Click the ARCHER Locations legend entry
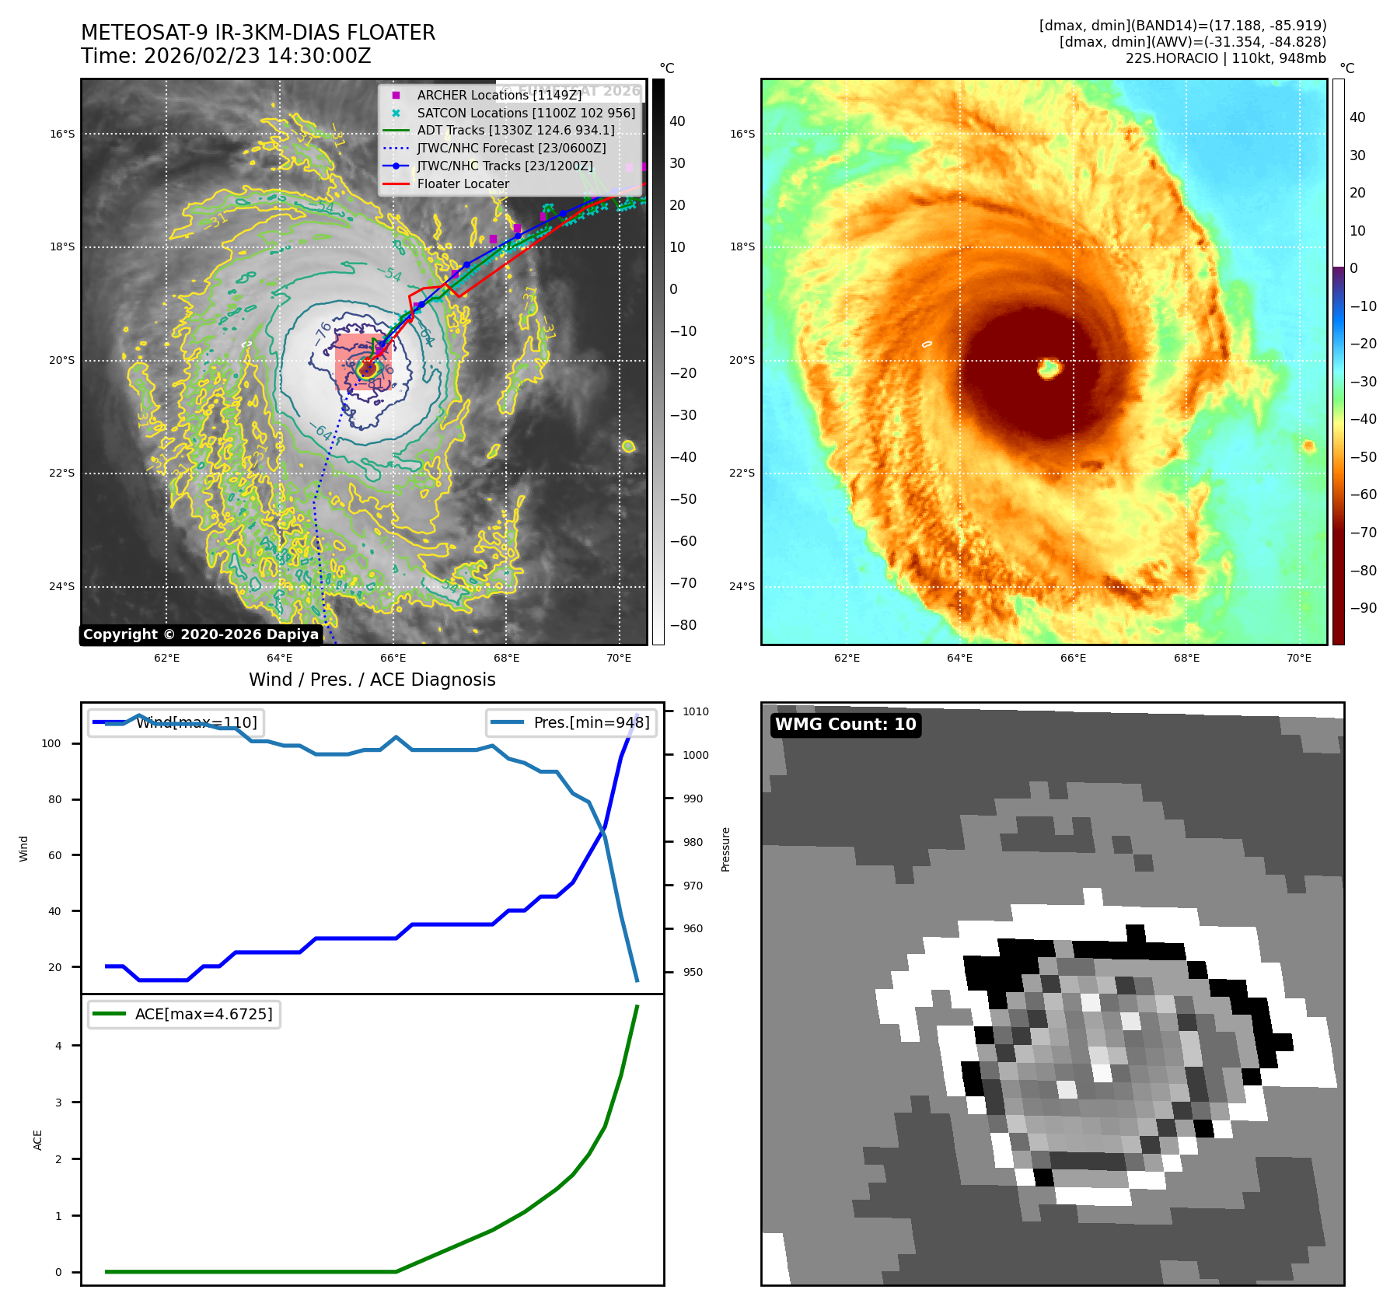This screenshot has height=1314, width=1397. coord(498,95)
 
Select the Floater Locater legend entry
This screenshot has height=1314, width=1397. coord(463,184)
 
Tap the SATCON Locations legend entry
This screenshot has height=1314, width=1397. coord(526,113)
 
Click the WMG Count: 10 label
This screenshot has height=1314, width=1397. coord(845,725)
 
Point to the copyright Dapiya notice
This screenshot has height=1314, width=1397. coord(201,634)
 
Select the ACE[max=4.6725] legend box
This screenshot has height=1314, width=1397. coord(184,1014)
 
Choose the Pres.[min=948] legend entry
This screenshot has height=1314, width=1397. coord(571,722)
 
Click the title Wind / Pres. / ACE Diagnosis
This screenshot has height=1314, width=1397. coord(372,680)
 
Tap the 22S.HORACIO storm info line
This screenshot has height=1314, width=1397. coord(1225,58)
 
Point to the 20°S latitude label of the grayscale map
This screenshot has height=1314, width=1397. coord(63,361)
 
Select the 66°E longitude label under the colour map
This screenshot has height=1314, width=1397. coord(1073,659)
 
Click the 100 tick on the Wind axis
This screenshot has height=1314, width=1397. coord(51,743)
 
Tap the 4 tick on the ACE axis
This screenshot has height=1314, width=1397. coord(58,1046)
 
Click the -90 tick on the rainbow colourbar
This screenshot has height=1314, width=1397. coord(1363,608)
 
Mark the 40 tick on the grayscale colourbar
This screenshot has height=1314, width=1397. coord(677,121)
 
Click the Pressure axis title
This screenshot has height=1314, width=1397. coord(725,849)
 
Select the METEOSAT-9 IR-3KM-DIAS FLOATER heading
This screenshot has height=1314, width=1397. coord(258,33)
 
